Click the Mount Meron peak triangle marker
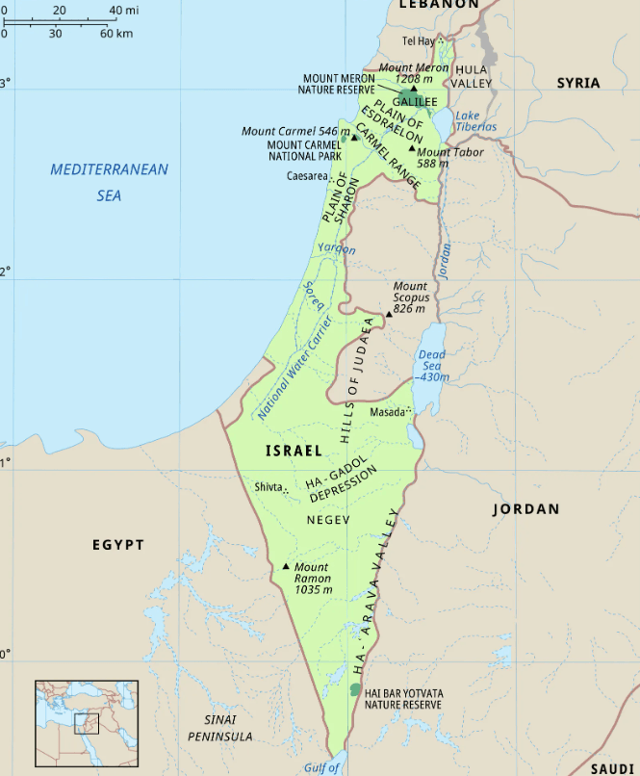[414, 88]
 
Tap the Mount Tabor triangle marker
[411, 150]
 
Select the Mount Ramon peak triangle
[286, 567]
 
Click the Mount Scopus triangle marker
[389, 314]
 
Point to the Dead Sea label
[432, 361]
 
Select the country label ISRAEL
[294, 451]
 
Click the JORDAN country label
[525, 508]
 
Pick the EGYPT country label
[118, 545]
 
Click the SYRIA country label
[577, 83]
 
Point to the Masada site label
[388, 412]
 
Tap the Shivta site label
[269, 487]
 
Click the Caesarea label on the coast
[306, 176]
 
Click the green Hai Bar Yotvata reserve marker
[355, 690]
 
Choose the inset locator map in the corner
[87, 723]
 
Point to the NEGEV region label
[327, 520]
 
